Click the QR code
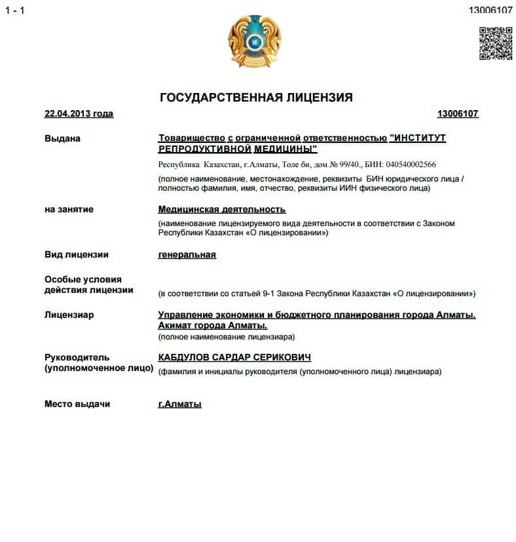[x=495, y=43]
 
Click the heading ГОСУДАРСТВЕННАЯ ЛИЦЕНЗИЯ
[x=256, y=98]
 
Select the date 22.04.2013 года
[x=79, y=114]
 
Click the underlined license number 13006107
[x=458, y=114]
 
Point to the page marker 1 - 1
[x=14, y=11]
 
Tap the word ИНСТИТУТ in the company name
[x=417, y=138]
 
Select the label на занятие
[x=69, y=210]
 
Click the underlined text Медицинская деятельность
[x=222, y=210]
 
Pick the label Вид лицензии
[x=76, y=255]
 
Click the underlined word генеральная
[x=187, y=255]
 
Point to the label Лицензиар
[x=69, y=315]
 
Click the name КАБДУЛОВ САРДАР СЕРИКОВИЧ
[x=234, y=358]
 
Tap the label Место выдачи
[x=77, y=404]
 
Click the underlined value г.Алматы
[x=180, y=404]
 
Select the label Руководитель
[x=77, y=358]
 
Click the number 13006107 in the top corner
[x=490, y=10]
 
